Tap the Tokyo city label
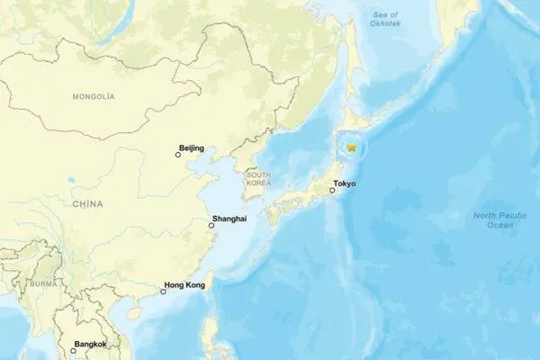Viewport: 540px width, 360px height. click(x=345, y=184)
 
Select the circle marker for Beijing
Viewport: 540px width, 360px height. click(x=178, y=155)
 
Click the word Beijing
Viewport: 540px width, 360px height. click(x=193, y=147)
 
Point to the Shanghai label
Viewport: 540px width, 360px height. click(x=227, y=219)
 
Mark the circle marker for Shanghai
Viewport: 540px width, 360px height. click(x=212, y=227)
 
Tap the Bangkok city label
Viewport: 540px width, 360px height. click(x=89, y=344)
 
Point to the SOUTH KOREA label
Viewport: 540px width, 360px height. click(x=259, y=178)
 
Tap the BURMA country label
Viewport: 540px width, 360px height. click(x=41, y=283)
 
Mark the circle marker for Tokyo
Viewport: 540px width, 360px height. click(x=332, y=191)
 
